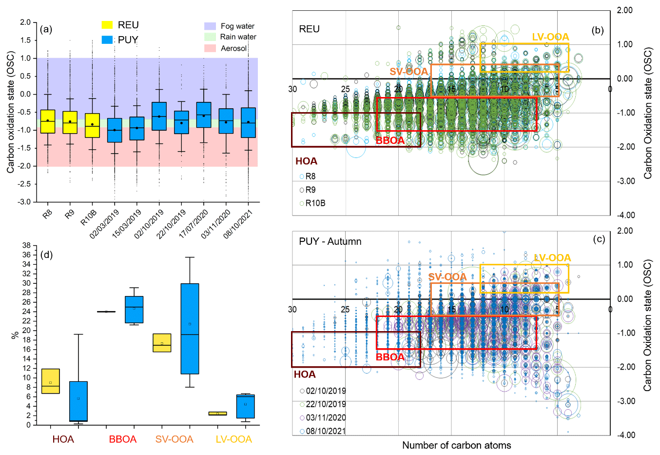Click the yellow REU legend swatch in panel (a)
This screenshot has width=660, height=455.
click(x=107, y=25)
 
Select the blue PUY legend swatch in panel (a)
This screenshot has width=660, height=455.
click(x=107, y=40)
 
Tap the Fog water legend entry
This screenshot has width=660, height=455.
click(x=210, y=26)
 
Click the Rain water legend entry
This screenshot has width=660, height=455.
click(x=210, y=37)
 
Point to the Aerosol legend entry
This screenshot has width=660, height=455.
click(x=210, y=48)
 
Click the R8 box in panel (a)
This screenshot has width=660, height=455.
click(x=47, y=121)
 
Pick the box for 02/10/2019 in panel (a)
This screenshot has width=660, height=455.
click(x=159, y=116)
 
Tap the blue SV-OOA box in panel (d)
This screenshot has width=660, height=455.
click(x=190, y=328)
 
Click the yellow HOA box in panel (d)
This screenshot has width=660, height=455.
click(x=51, y=381)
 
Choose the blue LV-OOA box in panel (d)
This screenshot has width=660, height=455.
click(x=245, y=406)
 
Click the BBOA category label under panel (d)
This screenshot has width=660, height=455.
click(x=123, y=439)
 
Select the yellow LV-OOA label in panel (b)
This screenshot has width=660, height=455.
click(x=550, y=37)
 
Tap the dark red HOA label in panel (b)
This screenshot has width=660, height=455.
click(x=306, y=161)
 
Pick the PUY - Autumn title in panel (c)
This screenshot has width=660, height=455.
click(x=330, y=241)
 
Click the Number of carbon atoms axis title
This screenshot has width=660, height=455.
click(x=456, y=445)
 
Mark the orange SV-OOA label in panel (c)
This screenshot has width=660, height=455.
click(x=447, y=277)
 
